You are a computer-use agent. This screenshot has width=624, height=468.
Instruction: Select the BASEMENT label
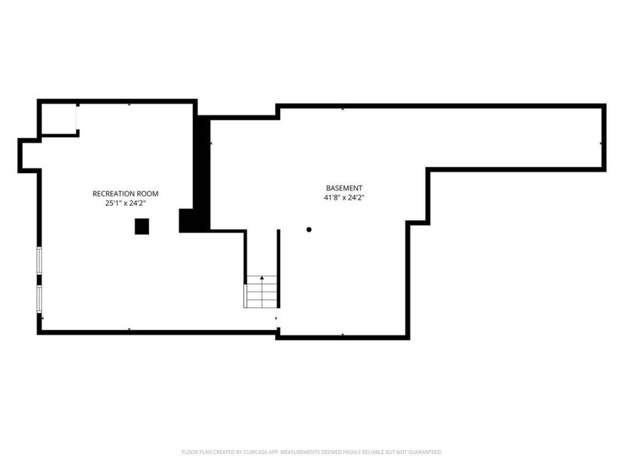click(344, 188)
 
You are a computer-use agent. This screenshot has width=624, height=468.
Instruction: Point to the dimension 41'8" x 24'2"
click(344, 198)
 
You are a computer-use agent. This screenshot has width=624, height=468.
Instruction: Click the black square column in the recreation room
click(141, 226)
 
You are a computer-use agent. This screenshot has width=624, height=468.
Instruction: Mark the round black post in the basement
click(309, 229)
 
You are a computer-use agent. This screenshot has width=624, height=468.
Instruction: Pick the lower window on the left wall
click(39, 298)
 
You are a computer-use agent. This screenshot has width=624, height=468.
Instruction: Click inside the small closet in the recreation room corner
click(58, 119)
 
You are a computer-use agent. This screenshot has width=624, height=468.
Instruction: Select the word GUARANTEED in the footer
click(424, 452)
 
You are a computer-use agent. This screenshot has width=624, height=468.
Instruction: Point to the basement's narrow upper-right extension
click(515, 137)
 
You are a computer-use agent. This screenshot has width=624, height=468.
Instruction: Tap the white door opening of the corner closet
click(76, 119)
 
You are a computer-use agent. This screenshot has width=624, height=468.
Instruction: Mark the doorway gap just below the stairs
click(278, 319)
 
